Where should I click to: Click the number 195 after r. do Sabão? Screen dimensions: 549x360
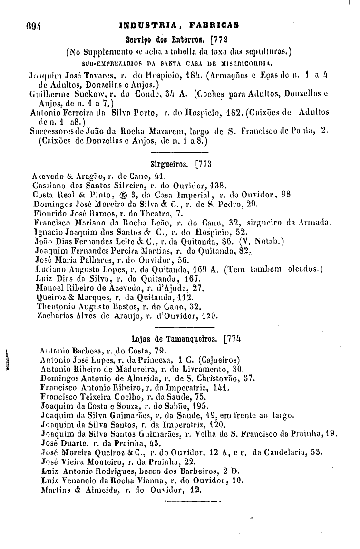click(205, 406)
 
